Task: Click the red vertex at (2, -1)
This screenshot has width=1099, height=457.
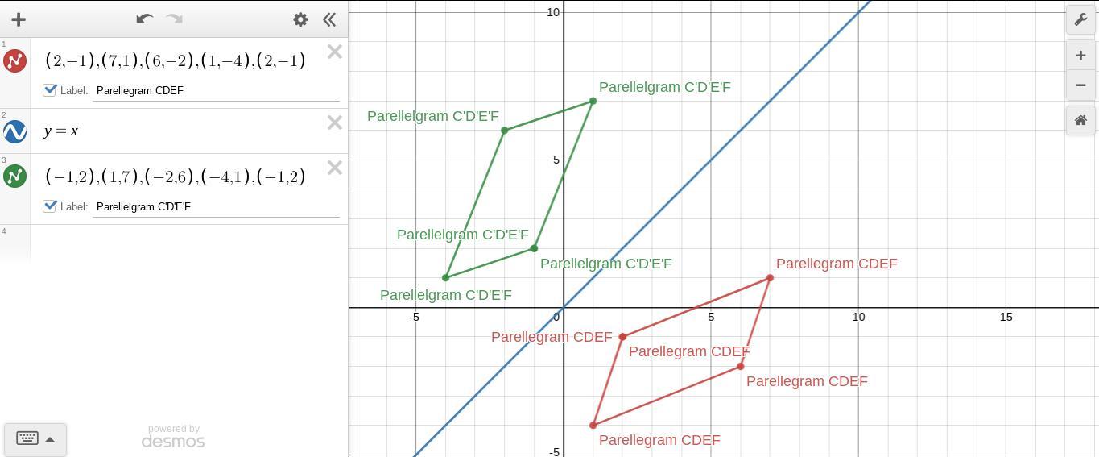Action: click(x=622, y=337)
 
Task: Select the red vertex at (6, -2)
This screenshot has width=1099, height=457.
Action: click(x=741, y=367)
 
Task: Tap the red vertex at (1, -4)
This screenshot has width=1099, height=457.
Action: click(x=593, y=425)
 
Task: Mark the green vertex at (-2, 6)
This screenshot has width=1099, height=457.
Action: click(x=505, y=131)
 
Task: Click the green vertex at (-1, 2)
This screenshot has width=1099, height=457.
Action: click(x=534, y=248)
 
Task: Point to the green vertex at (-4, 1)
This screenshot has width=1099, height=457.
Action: click(x=446, y=278)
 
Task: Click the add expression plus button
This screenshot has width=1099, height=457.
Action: click(x=19, y=19)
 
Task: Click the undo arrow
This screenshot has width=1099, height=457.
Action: click(x=145, y=19)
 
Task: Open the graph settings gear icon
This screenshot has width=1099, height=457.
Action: click(x=300, y=19)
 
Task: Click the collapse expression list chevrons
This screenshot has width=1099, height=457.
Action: click(x=329, y=19)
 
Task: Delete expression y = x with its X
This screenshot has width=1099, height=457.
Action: click(x=335, y=123)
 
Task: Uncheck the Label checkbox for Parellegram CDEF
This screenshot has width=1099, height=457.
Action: click(x=50, y=90)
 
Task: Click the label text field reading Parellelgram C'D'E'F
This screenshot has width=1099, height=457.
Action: click(x=216, y=206)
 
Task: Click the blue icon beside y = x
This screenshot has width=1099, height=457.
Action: click(x=15, y=131)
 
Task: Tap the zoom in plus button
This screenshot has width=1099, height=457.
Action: click(x=1080, y=56)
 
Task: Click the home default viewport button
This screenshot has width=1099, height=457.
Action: click(x=1080, y=120)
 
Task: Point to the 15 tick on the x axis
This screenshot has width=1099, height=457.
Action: click(x=1006, y=318)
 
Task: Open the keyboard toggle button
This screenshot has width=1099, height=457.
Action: click(x=35, y=439)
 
